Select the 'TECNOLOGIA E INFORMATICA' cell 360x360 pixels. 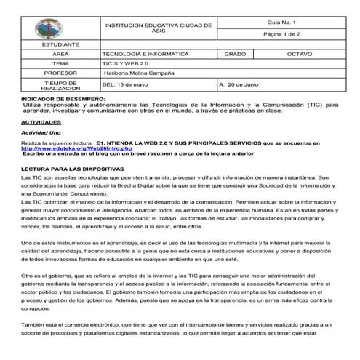click(145, 55)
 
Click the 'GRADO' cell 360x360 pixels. click(236, 55)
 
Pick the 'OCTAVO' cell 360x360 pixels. click(300, 55)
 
